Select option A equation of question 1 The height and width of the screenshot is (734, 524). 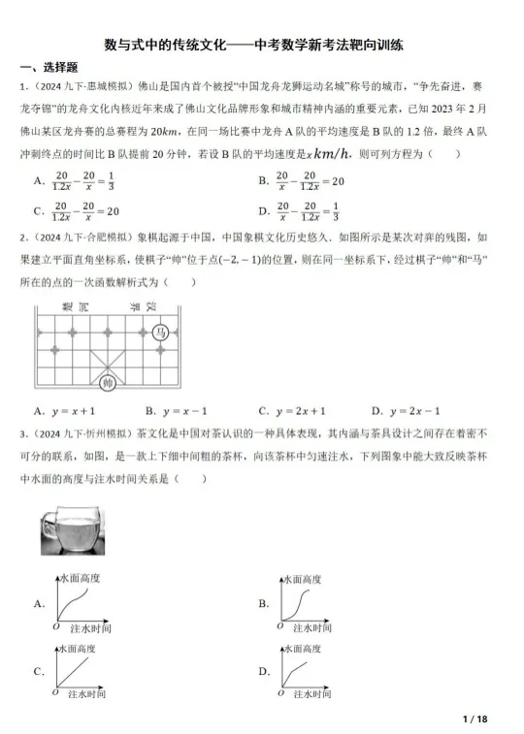[x=83, y=181]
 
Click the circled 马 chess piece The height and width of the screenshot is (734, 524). [x=165, y=332]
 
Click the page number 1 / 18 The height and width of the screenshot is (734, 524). [x=475, y=718]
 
